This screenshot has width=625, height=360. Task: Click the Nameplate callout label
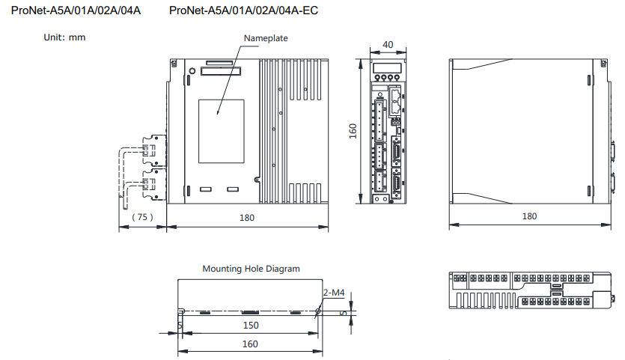click(266, 38)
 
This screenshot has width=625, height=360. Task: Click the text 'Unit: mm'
click(64, 37)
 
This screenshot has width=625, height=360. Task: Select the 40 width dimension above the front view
click(388, 45)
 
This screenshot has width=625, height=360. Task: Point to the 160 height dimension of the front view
click(353, 131)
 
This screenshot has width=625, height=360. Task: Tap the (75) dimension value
click(142, 217)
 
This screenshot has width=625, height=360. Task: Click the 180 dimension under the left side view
click(247, 218)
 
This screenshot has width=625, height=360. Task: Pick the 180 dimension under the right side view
click(529, 216)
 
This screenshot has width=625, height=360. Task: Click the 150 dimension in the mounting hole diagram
click(251, 326)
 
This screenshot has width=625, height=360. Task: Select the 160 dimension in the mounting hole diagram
click(250, 344)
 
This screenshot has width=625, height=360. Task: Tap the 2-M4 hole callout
click(334, 293)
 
